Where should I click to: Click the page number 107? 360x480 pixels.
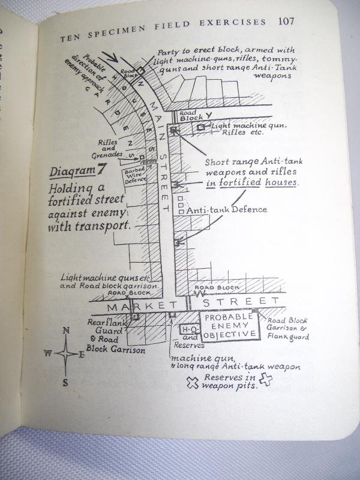click(287, 22)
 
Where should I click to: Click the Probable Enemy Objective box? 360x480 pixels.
click(229, 327)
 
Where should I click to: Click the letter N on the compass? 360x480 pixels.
click(66, 331)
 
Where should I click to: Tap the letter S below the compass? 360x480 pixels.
click(65, 382)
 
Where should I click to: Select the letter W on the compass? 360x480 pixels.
click(47, 353)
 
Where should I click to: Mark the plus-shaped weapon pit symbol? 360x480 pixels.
click(265, 379)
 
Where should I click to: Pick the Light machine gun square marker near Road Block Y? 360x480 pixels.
click(202, 127)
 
